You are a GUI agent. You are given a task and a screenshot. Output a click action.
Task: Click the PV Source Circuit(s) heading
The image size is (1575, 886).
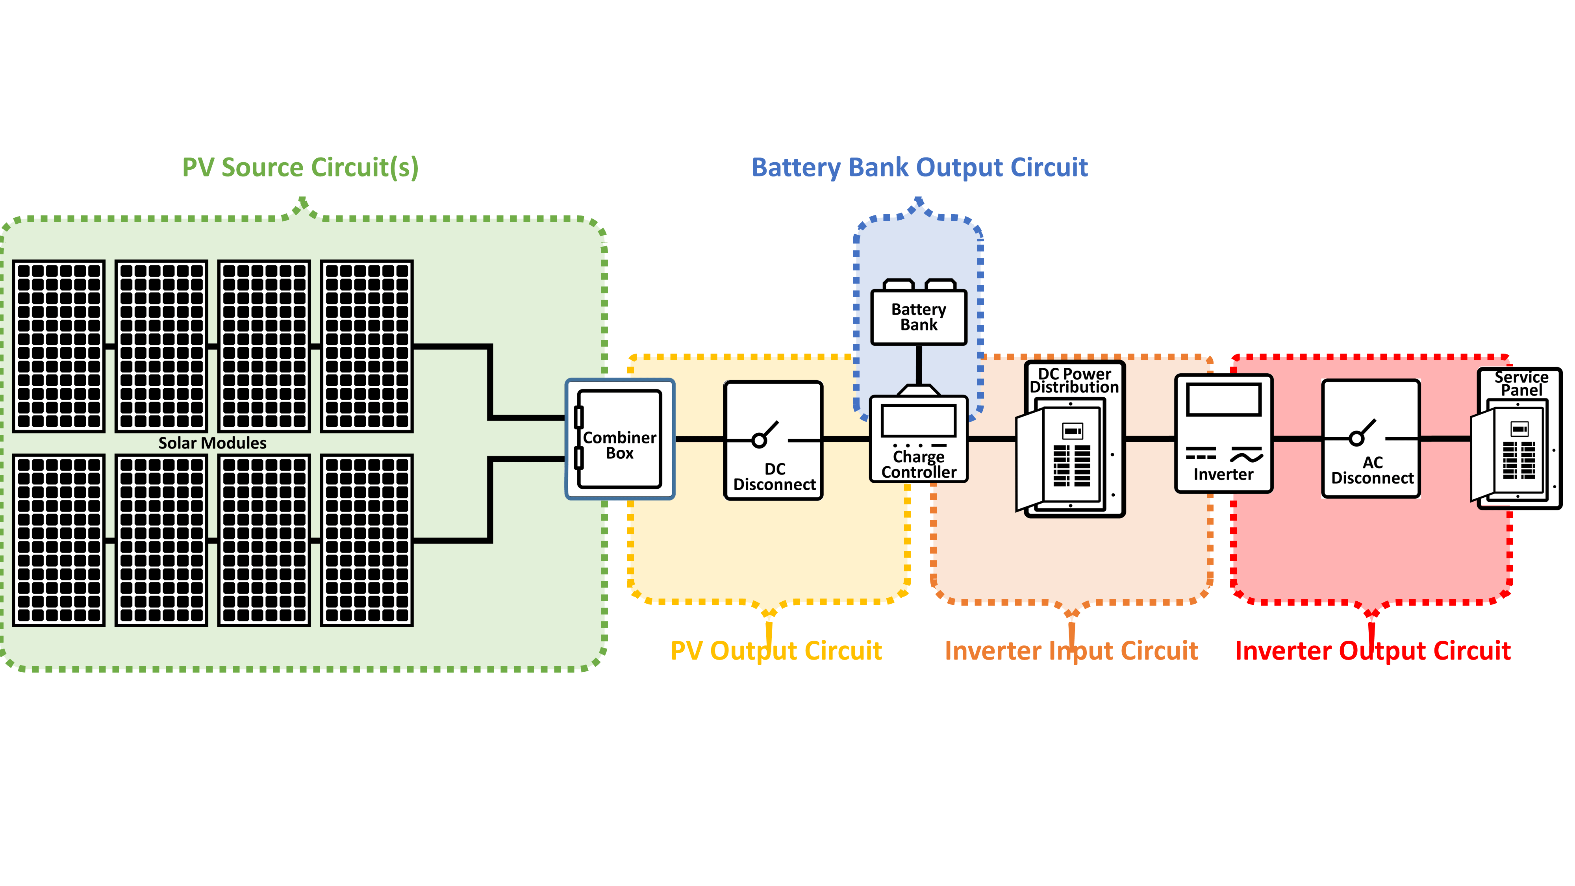point(300,167)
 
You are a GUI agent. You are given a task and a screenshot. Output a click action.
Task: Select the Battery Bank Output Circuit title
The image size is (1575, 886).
point(919,167)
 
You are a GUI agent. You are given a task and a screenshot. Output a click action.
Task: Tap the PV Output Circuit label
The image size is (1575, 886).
point(776,650)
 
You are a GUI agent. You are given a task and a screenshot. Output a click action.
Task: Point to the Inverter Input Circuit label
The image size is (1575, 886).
point(1071,650)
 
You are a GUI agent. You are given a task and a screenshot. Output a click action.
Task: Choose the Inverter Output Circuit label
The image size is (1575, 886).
point(1373,650)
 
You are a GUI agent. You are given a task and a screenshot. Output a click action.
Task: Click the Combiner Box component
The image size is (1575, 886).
point(619,439)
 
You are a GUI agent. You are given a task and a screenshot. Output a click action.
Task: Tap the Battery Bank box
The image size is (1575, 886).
point(918,317)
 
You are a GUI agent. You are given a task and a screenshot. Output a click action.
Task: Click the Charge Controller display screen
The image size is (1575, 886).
point(918,421)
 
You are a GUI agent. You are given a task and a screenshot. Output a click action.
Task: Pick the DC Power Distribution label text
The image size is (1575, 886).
point(1074,380)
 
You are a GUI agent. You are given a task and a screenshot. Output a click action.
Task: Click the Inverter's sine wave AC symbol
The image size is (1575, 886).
point(1246,456)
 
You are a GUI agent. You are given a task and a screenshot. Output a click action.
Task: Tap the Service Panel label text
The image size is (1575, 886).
point(1521,384)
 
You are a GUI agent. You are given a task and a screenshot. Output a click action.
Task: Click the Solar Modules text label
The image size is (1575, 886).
point(212,443)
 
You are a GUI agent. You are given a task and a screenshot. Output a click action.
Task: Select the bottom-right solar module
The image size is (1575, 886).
point(367,540)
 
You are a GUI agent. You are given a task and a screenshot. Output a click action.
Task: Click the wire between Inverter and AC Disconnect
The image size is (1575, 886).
point(1297,438)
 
